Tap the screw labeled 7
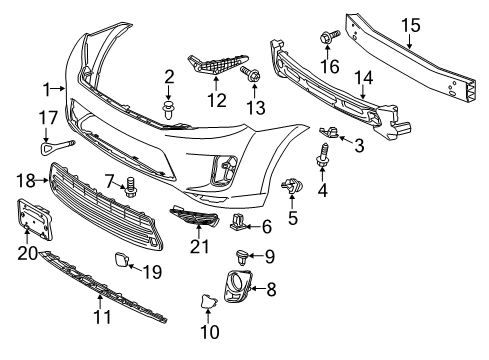click(x=130, y=186)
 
